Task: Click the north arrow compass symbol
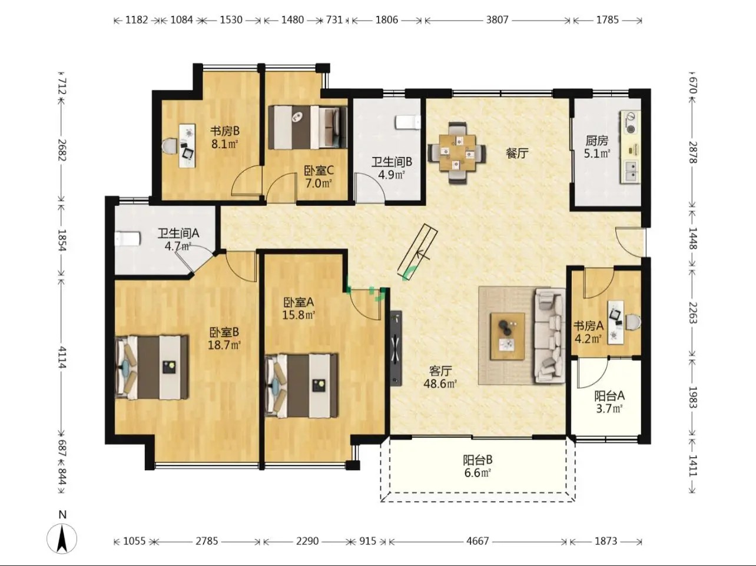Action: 62,539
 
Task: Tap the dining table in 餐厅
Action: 457,152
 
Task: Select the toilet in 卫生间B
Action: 409,122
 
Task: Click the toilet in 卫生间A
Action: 127,239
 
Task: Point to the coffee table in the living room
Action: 508,336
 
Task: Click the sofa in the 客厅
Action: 549,336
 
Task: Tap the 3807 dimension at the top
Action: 497,20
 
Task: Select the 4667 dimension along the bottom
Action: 478,541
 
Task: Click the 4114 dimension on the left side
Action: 62,357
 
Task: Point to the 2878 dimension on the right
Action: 693,152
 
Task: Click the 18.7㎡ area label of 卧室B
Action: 224,345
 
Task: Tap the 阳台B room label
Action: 478,460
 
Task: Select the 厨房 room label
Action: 597,141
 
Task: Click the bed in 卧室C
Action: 307,127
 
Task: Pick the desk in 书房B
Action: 187,146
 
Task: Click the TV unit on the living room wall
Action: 396,349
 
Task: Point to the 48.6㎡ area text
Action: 440,383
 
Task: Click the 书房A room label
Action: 588,325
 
